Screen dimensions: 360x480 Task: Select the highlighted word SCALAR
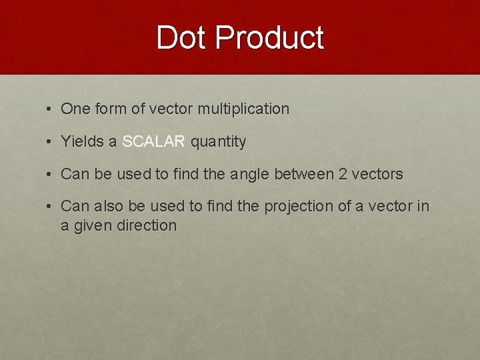(x=153, y=141)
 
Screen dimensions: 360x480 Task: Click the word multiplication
(x=244, y=109)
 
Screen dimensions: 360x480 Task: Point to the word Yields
(x=79, y=141)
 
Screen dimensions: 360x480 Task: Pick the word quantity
(x=219, y=141)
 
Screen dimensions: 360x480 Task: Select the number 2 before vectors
(x=343, y=174)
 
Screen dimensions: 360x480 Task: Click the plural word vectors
(x=377, y=174)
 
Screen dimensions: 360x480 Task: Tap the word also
(x=107, y=207)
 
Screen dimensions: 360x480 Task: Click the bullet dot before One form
(x=50, y=109)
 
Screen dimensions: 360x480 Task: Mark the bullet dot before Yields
(x=50, y=141)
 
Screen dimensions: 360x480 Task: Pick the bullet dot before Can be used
(x=50, y=174)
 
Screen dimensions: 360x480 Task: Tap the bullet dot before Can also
(x=50, y=207)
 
